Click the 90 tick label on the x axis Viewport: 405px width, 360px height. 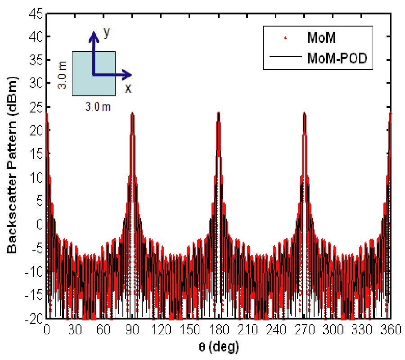point(132,330)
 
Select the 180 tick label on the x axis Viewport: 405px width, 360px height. point(218,330)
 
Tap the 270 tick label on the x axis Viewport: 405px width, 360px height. point(305,330)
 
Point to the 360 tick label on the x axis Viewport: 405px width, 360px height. point(390,330)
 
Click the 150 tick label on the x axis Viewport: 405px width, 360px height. point(189,330)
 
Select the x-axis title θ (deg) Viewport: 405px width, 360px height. point(218,347)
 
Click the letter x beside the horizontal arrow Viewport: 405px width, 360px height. point(128,87)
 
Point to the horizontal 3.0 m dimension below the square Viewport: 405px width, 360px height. point(98,107)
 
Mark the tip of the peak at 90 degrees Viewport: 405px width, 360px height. point(132,113)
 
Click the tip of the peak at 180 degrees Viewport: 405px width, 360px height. point(218,112)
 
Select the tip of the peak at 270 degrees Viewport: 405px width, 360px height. point(305,112)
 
